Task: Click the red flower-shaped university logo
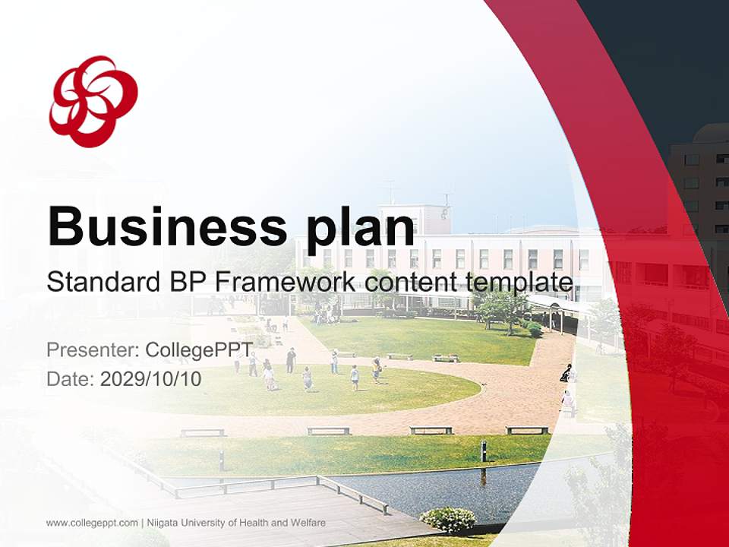(93, 100)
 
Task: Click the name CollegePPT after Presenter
(199, 350)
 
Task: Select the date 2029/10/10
(151, 379)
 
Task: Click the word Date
(70, 379)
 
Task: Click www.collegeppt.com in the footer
(92, 523)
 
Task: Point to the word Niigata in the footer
(163, 523)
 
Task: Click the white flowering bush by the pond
(447, 520)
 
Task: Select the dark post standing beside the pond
(483, 451)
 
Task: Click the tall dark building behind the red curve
(699, 182)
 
